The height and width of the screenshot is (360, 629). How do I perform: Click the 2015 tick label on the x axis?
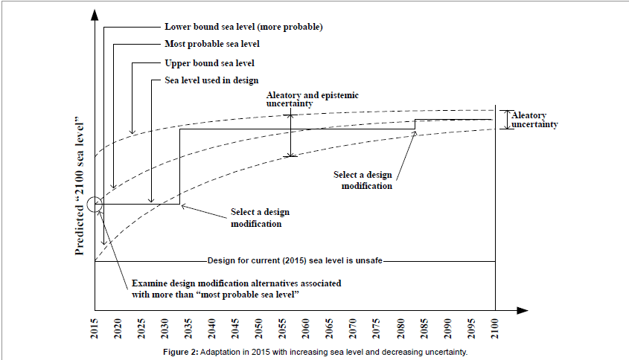(x=95, y=327)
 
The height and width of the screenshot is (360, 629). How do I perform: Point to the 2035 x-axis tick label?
(x=188, y=327)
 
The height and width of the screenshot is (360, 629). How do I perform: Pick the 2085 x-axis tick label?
(x=425, y=327)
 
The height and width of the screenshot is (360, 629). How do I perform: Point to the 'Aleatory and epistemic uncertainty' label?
(x=309, y=100)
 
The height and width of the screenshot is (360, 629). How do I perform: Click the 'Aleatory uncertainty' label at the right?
(x=532, y=120)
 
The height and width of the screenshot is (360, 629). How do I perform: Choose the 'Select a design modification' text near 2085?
(x=366, y=180)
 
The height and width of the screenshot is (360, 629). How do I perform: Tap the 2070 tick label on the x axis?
(x=355, y=327)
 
